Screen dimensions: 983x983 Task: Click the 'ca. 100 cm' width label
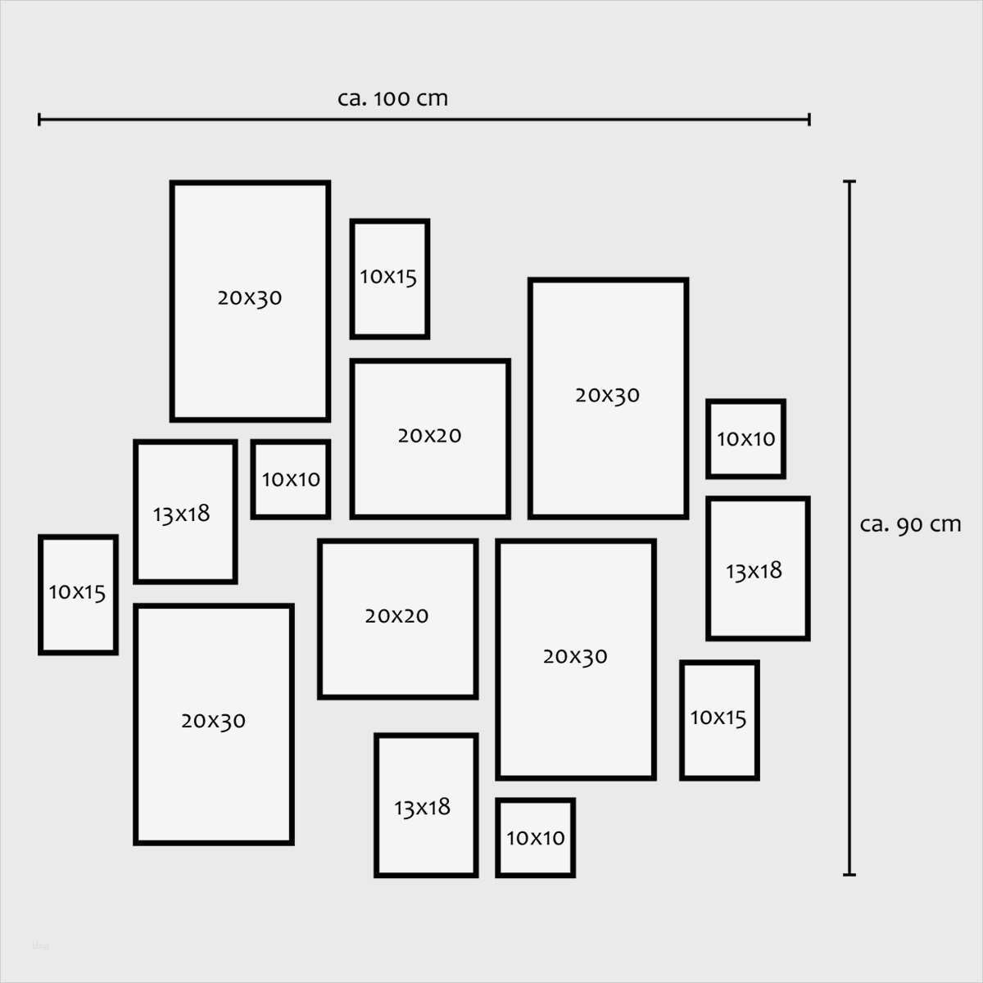pyautogui.click(x=392, y=98)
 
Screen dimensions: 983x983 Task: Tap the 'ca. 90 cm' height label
pyautogui.click(x=910, y=524)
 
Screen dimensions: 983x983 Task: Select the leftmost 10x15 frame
pyautogui.click(x=78, y=595)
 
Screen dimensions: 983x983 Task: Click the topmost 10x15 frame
pyautogui.click(x=390, y=279)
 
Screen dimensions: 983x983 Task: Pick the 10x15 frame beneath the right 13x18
pyautogui.click(x=719, y=720)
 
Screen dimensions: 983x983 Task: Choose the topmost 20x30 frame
pyautogui.click(x=250, y=301)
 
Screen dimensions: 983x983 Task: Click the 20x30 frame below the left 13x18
pyautogui.click(x=214, y=724)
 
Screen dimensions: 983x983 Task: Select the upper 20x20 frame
pyautogui.click(x=430, y=438)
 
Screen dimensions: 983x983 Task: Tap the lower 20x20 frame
pyautogui.click(x=397, y=618)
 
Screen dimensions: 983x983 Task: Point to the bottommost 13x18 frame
pyautogui.click(x=426, y=805)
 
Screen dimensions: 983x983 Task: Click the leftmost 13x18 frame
pyautogui.click(x=185, y=512)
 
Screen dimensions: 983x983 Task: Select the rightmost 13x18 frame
pyautogui.click(x=758, y=569)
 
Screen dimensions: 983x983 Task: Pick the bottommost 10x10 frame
pyautogui.click(x=536, y=837)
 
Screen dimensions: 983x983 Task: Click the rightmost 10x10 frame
pyautogui.click(x=746, y=438)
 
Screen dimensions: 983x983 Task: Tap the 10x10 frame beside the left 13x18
pyautogui.click(x=291, y=479)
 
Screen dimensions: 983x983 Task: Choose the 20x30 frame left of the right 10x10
pyautogui.click(x=608, y=398)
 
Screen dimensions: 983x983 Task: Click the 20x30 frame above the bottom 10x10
pyautogui.click(x=576, y=659)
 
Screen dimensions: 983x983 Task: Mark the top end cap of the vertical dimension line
pyautogui.click(x=849, y=182)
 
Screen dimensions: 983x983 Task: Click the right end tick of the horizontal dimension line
pyautogui.click(x=809, y=120)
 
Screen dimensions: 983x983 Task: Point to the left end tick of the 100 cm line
pyautogui.click(x=39, y=120)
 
